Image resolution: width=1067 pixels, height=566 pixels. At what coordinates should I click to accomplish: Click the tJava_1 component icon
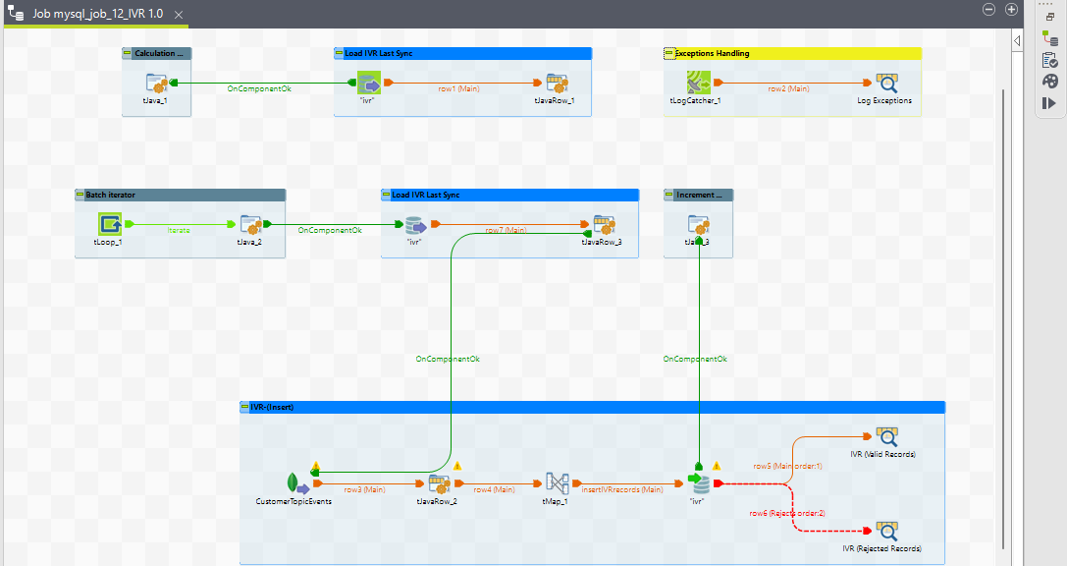click(157, 83)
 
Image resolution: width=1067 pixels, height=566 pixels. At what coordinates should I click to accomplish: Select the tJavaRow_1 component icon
click(557, 83)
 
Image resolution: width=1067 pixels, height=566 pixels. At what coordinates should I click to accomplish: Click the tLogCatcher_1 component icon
click(698, 83)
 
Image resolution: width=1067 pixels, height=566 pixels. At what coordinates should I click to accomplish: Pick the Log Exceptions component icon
click(885, 83)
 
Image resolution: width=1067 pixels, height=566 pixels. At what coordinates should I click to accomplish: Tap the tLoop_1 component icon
click(109, 224)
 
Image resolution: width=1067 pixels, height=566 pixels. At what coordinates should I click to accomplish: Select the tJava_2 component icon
click(250, 224)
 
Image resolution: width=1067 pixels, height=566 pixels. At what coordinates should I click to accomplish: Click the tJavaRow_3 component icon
click(603, 225)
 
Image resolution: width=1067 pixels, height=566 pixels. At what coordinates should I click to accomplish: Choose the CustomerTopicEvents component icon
click(293, 483)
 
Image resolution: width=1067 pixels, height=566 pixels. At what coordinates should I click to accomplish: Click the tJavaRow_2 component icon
click(439, 483)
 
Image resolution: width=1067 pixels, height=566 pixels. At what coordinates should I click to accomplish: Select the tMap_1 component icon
click(557, 483)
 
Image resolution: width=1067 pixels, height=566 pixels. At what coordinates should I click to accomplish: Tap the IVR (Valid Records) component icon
click(885, 436)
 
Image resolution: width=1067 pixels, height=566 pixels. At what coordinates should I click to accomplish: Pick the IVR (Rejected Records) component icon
click(885, 531)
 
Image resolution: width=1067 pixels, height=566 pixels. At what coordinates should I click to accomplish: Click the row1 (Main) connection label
click(459, 88)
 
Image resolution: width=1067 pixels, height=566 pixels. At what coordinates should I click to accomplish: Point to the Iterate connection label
click(179, 230)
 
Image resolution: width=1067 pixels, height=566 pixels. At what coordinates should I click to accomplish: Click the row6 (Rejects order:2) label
click(787, 513)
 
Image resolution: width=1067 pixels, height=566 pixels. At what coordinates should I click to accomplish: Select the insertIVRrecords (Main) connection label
click(622, 489)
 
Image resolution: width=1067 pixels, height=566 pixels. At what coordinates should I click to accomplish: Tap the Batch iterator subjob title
click(110, 195)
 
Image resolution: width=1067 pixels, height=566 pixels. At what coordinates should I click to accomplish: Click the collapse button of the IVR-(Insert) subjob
click(244, 407)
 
